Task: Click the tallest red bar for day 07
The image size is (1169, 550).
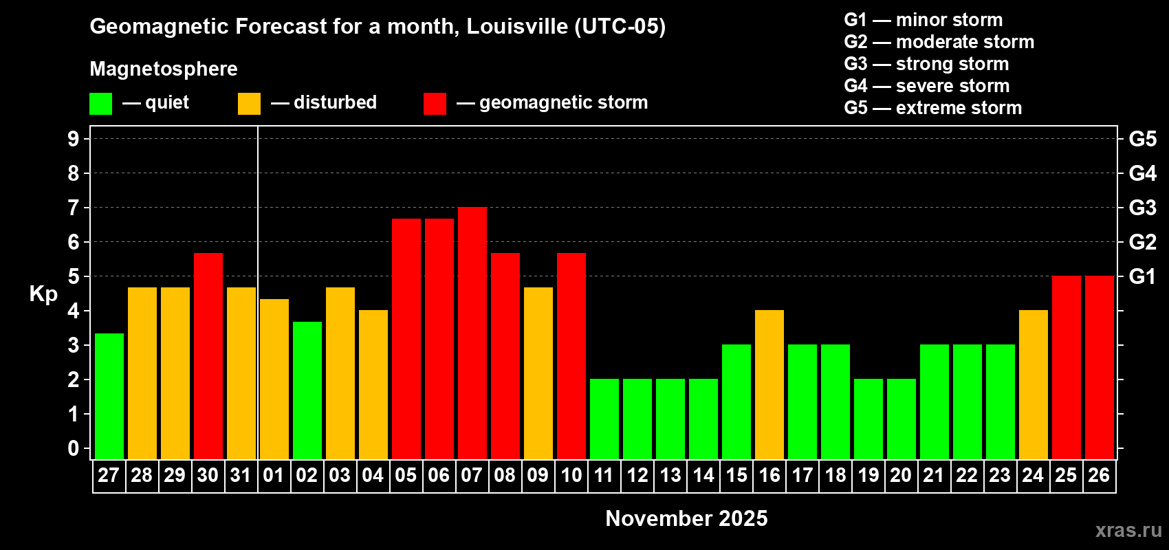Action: click(x=472, y=333)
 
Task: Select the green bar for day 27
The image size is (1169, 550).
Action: click(x=109, y=396)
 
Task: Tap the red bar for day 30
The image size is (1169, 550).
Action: click(x=208, y=355)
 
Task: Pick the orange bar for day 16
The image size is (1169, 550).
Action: click(x=769, y=384)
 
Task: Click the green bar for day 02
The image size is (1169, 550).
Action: click(x=307, y=390)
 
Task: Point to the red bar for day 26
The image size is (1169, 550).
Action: click(x=1100, y=367)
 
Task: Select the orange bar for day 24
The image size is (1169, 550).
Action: click(x=1034, y=384)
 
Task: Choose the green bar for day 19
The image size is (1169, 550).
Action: click(x=868, y=419)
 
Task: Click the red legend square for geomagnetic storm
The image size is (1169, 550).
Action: click(x=435, y=104)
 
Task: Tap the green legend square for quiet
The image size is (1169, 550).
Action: click(x=101, y=104)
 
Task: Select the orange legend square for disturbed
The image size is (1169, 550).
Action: click(x=249, y=104)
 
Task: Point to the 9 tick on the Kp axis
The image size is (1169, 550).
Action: click(x=74, y=139)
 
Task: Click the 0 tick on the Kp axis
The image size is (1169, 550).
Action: click(x=74, y=448)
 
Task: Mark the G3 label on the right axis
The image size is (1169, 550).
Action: click(x=1142, y=208)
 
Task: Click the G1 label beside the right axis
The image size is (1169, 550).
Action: click(x=1142, y=276)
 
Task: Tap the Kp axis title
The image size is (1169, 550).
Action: click(x=43, y=294)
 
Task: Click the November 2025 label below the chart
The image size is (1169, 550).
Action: click(x=686, y=518)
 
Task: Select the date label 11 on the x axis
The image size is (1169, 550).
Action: click(x=604, y=476)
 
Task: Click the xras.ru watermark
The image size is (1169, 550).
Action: click(x=1128, y=530)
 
